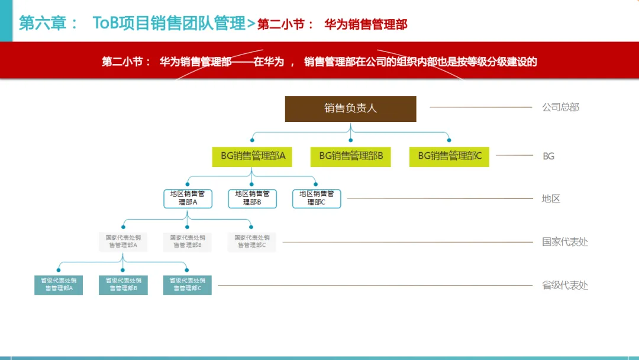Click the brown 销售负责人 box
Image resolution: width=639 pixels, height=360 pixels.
tap(350, 109)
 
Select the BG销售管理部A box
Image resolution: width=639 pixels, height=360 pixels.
tap(253, 156)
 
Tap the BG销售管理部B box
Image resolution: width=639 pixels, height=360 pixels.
tap(351, 156)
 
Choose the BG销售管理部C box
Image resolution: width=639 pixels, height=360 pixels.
tap(449, 156)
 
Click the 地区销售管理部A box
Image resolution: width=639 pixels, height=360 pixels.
tap(188, 198)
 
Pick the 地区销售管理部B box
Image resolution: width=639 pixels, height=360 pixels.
tap(252, 198)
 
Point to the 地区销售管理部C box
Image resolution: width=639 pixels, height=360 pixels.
tap(317, 198)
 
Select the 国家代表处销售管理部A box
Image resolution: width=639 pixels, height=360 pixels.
tap(123, 242)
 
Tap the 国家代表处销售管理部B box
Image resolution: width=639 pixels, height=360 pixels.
tap(188, 242)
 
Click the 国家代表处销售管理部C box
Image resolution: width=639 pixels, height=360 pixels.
tap(252, 242)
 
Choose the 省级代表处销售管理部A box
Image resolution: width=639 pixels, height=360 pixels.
tap(58, 285)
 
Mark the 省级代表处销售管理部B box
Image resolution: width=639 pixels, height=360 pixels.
tap(123, 285)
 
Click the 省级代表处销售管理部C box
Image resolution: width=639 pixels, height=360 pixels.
tap(188, 285)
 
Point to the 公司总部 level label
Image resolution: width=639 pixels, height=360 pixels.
tap(560, 108)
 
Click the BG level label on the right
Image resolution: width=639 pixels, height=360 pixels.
tap(548, 156)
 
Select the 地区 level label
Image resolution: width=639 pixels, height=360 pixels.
tap(551, 199)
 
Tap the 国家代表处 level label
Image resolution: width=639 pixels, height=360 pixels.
tap(565, 242)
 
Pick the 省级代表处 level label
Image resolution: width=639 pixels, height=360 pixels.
tap(565, 285)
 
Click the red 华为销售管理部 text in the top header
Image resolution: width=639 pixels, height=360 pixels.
tap(366, 25)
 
